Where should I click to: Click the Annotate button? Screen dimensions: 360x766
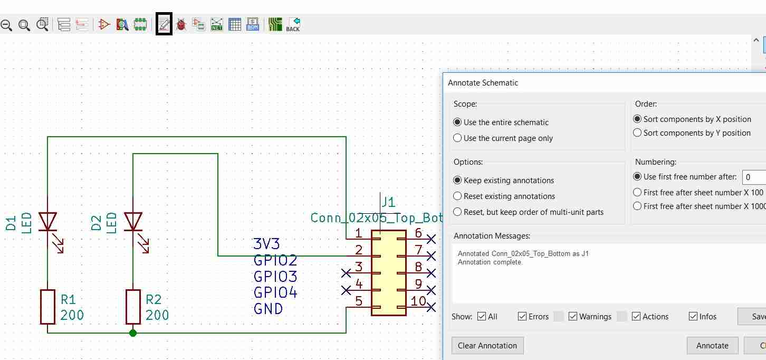click(x=712, y=345)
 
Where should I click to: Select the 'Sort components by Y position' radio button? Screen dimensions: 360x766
click(x=637, y=133)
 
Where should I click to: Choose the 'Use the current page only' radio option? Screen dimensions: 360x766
click(x=457, y=138)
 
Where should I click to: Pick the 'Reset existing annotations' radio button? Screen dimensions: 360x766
click(x=457, y=196)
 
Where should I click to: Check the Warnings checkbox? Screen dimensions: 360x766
click(x=572, y=317)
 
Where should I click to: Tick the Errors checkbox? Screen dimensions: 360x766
click(x=522, y=317)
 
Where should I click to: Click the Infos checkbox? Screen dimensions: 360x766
click(x=693, y=317)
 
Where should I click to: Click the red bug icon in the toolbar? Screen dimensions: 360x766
click(x=181, y=25)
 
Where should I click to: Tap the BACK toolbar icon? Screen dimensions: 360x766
click(x=293, y=25)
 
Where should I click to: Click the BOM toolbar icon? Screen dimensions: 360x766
click(x=253, y=25)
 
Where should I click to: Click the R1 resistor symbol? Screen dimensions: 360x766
click(x=48, y=307)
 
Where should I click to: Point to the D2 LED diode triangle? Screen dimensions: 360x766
click(x=133, y=221)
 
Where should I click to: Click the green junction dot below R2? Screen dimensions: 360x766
click(x=133, y=333)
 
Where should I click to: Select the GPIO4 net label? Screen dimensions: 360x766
click(x=275, y=292)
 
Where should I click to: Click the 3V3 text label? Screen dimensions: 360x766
click(x=266, y=244)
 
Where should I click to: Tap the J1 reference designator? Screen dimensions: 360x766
click(x=388, y=202)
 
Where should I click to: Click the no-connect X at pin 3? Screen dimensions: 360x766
click(x=346, y=273)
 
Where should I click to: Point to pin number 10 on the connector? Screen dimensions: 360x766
click(x=418, y=301)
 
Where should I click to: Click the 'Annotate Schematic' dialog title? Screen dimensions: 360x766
click(x=483, y=83)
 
